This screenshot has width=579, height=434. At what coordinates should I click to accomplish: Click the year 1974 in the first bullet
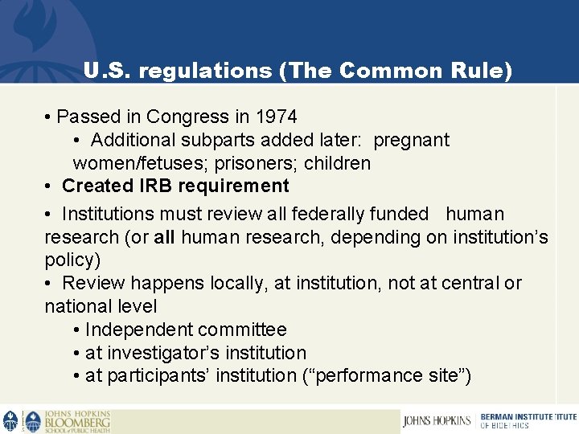276,117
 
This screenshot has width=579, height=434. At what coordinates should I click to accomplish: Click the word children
338,163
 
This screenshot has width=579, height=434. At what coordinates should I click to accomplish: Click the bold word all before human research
163,237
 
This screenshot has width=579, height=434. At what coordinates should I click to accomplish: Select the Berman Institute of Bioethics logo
527,420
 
